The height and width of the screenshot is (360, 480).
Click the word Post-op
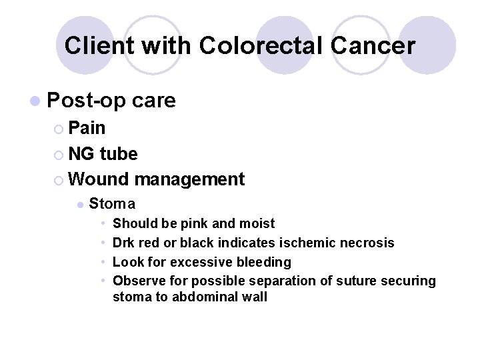coord(88,100)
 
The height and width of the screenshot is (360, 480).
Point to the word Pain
coord(87,127)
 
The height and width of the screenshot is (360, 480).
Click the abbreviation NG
coord(81,154)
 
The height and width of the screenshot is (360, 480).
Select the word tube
coord(119,154)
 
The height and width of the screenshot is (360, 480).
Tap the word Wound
coord(99,179)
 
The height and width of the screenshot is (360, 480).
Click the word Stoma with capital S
coord(112,203)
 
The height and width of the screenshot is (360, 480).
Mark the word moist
coord(257,223)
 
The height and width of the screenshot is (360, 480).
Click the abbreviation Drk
coord(125,243)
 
